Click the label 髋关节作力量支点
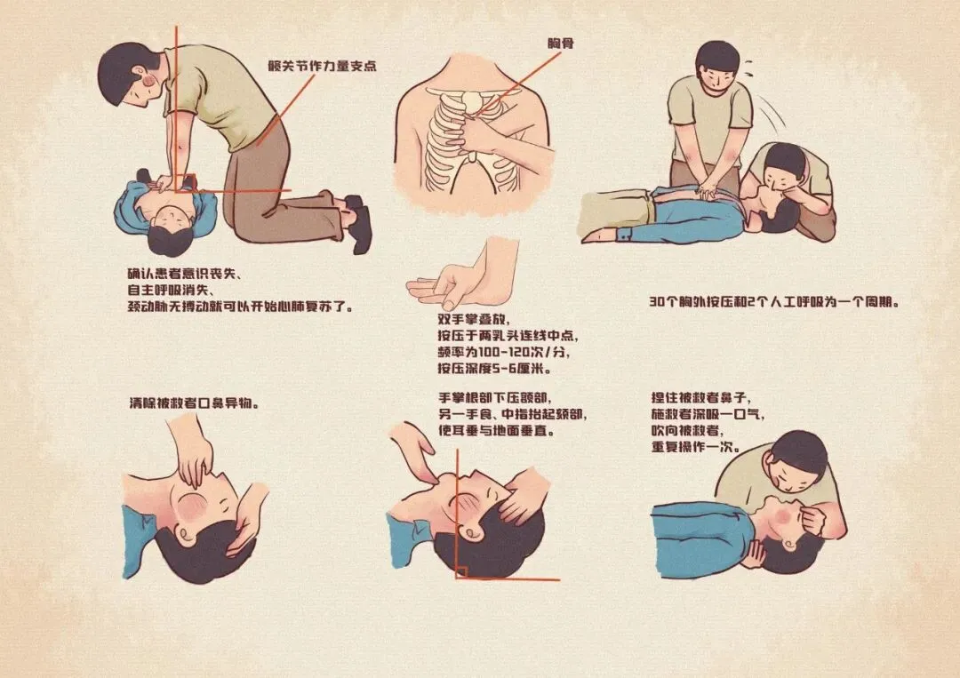(x=322, y=66)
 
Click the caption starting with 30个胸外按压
(x=775, y=302)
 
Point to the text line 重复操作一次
(x=696, y=447)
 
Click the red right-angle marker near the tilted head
(x=461, y=571)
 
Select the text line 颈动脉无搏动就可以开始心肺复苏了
(x=241, y=307)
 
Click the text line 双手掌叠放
(x=474, y=319)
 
